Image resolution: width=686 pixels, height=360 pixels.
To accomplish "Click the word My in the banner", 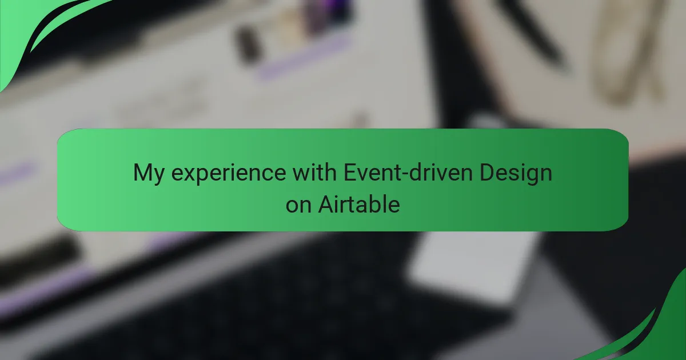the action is coord(149,174).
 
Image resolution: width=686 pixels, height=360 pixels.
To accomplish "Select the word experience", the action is coord(229,174).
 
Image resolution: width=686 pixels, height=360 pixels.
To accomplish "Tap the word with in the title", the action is coord(314,173).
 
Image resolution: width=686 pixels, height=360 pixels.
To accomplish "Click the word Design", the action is coord(516,174).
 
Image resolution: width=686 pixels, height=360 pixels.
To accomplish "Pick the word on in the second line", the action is coord(298,205).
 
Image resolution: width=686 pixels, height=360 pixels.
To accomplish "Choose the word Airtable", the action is coord(359,204).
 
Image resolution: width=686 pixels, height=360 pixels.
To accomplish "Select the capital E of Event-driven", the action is coord(350,173).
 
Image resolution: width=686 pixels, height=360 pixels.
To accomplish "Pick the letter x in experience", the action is coord(190,174).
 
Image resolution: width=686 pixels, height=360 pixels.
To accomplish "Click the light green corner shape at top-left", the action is coord(18,31).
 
